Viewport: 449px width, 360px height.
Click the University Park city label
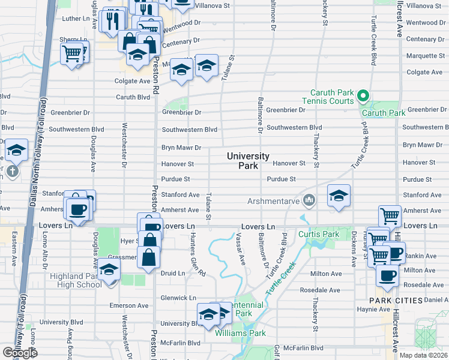[x=248, y=161]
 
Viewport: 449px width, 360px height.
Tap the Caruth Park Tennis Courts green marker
[x=362, y=95]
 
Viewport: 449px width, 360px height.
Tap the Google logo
[x=20, y=353]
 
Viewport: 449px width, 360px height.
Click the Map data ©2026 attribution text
[x=423, y=355]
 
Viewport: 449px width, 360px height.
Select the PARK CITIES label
[x=392, y=299]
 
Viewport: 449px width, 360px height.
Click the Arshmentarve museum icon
[x=309, y=200]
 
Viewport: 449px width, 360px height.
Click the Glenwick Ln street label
[x=178, y=298]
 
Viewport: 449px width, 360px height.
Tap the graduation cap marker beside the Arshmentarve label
[x=339, y=195]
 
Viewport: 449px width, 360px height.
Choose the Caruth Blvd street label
[x=133, y=97]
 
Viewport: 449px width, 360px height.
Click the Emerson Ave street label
[x=128, y=305]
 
